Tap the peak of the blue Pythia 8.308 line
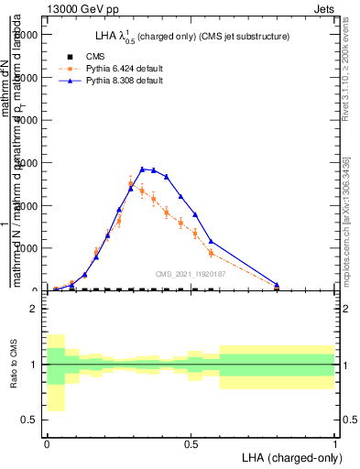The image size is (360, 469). (142, 169)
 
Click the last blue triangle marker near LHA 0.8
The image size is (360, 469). (277, 284)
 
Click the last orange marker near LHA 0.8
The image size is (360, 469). (277, 287)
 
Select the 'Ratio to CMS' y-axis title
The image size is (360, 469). (13, 365)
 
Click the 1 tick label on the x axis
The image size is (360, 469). (335, 443)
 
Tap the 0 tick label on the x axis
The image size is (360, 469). (46, 443)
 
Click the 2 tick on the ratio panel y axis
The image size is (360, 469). (34, 309)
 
